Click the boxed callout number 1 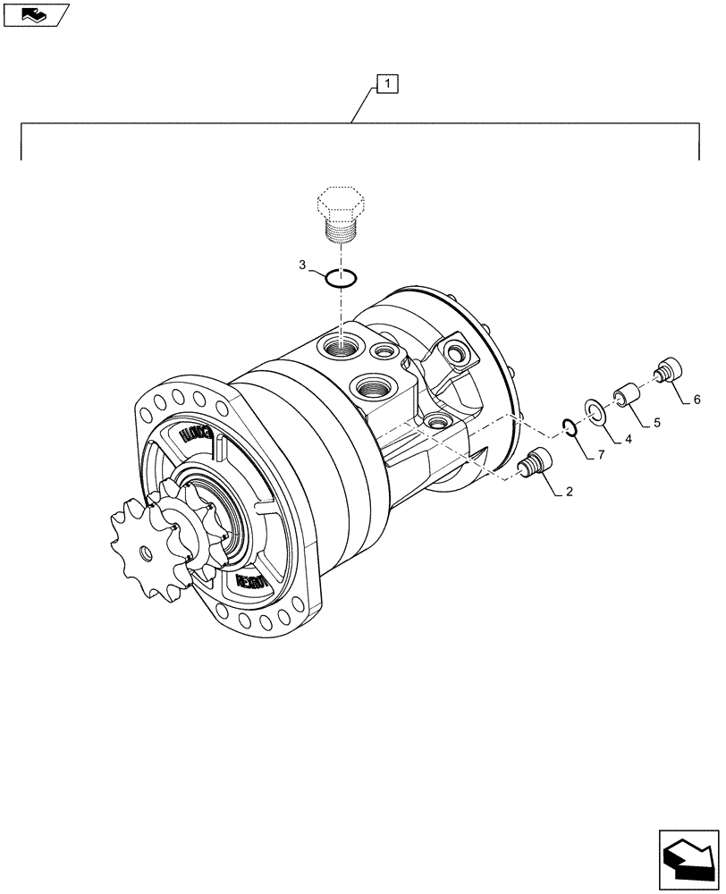(387, 85)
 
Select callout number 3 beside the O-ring (303, 266)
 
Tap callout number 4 (628, 439)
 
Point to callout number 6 (696, 399)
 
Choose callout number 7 (601, 457)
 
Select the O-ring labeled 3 (341, 279)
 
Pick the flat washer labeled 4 (595, 411)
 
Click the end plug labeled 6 (670, 369)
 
